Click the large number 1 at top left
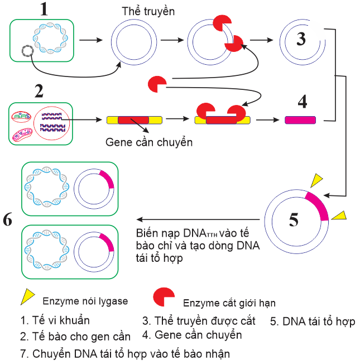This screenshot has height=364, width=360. (x=40, y=9)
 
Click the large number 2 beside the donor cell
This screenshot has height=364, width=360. (x=39, y=91)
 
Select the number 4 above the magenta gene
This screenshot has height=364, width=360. (x=302, y=102)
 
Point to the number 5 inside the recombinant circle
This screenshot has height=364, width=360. (x=294, y=220)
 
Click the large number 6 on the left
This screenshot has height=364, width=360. (x=7, y=220)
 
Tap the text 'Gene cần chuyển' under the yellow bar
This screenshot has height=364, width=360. (x=149, y=142)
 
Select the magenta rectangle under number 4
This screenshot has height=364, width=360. (x=300, y=119)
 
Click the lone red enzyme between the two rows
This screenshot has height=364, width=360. (x=156, y=84)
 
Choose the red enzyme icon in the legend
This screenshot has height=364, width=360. (x=165, y=298)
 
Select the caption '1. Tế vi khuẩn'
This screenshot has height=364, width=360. (x=54, y=320)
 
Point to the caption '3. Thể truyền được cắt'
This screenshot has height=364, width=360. (x=198, y=321)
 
